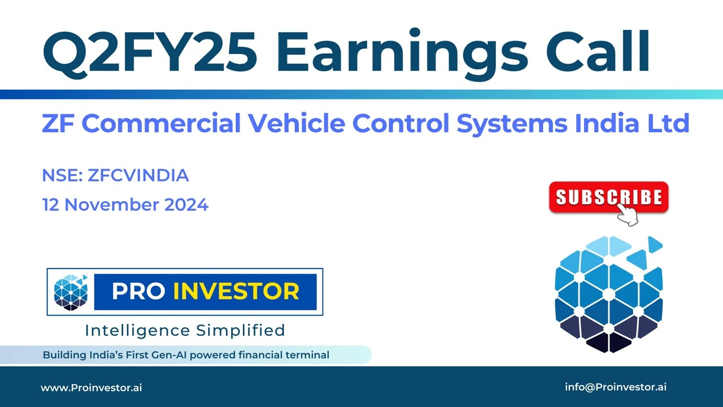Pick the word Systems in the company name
[512, 123]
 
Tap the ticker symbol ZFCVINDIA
[138, 176]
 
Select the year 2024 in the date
[186, 205]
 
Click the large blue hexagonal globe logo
[608, 294]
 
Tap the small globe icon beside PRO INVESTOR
[71, 292]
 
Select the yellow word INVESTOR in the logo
[236, 292]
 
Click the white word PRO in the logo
[138, 292]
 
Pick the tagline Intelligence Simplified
[185, 330]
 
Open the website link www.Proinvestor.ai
[91, 388]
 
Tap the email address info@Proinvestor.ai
[616, 387]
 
